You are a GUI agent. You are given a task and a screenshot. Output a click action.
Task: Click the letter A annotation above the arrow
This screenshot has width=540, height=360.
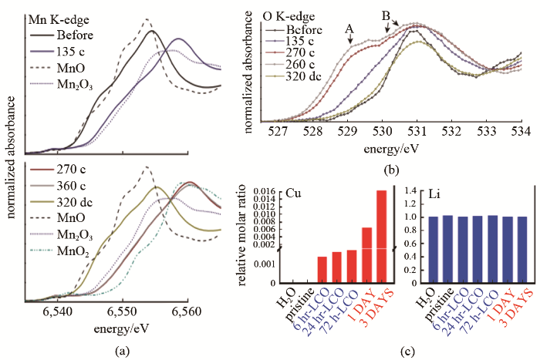[350, 30]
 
